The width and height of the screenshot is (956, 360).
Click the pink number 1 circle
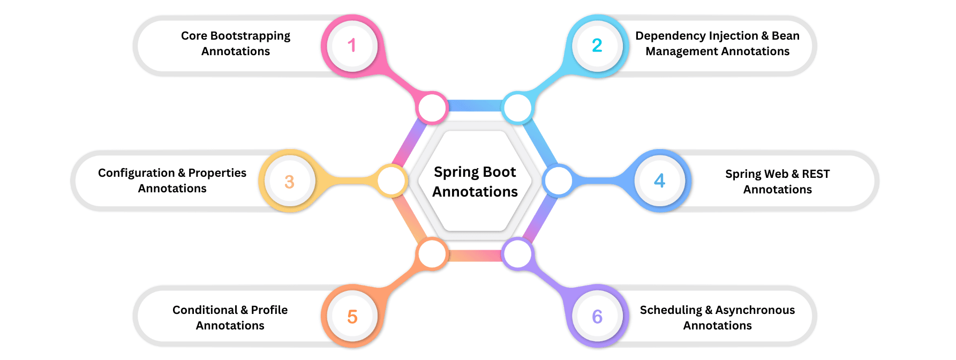pos(352,46)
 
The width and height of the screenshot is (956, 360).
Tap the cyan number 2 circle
pos(597,46)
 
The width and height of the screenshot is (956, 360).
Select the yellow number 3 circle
pos(289,182)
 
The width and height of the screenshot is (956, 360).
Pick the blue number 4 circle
pos(660,181)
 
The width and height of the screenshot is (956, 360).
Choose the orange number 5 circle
pos(352,317)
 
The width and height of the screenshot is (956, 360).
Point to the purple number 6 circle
pos(597,317)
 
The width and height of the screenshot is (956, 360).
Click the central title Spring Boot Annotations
pos(475,182)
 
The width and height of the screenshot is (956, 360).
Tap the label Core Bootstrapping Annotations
pos(236,43)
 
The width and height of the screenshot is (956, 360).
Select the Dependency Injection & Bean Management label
pos(717,43)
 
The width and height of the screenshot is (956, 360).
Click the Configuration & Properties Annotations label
pos(172,181)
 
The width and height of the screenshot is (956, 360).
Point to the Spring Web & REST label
pos(777,182)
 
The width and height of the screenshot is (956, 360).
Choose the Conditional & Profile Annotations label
pos(230,318)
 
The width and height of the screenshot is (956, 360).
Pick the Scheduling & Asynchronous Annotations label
pos(717,318)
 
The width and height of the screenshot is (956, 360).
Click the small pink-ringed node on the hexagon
pos(432,108)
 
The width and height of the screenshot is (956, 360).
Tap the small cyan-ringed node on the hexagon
pos(517,108)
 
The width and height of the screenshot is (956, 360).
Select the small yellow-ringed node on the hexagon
pos(392,181)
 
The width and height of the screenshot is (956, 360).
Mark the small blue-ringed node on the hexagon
pos(558,181)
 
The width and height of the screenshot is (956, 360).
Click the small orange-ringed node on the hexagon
pos(432,254)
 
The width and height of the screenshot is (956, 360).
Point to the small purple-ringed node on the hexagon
pos(517,254)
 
